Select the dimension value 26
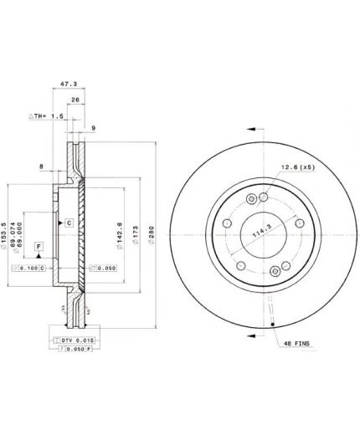pos(75,100)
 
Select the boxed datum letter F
pos(39,246)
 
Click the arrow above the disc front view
pos(251,130)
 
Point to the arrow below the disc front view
pos(251,335)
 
